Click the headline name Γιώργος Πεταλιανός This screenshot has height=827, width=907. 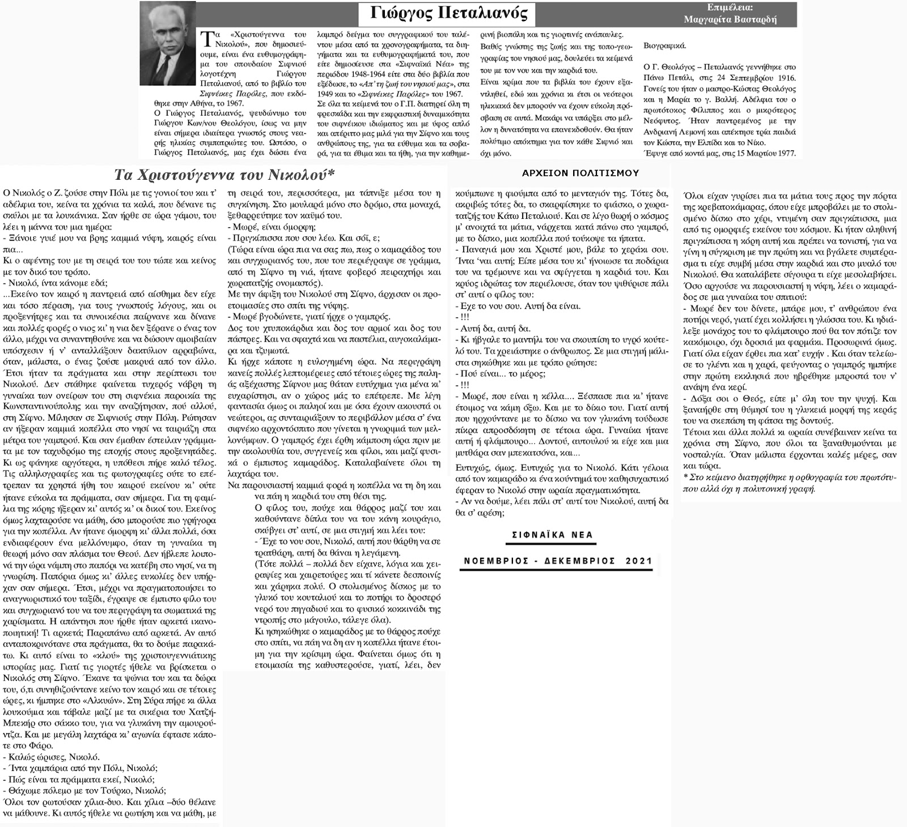coord(448,12)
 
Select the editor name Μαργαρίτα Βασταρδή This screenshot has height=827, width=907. coord(730,19)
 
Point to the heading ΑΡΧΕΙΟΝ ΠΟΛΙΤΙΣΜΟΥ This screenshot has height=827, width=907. coord(580,173)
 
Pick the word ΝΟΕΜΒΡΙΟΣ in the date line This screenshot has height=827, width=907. coord(494,561)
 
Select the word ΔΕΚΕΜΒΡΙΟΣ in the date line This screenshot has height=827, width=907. coord(578,561)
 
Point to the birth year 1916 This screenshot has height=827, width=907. coord(785,78)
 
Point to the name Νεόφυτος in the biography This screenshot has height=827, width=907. coord(663,121)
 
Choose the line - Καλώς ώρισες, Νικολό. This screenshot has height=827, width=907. coord(51,757)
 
